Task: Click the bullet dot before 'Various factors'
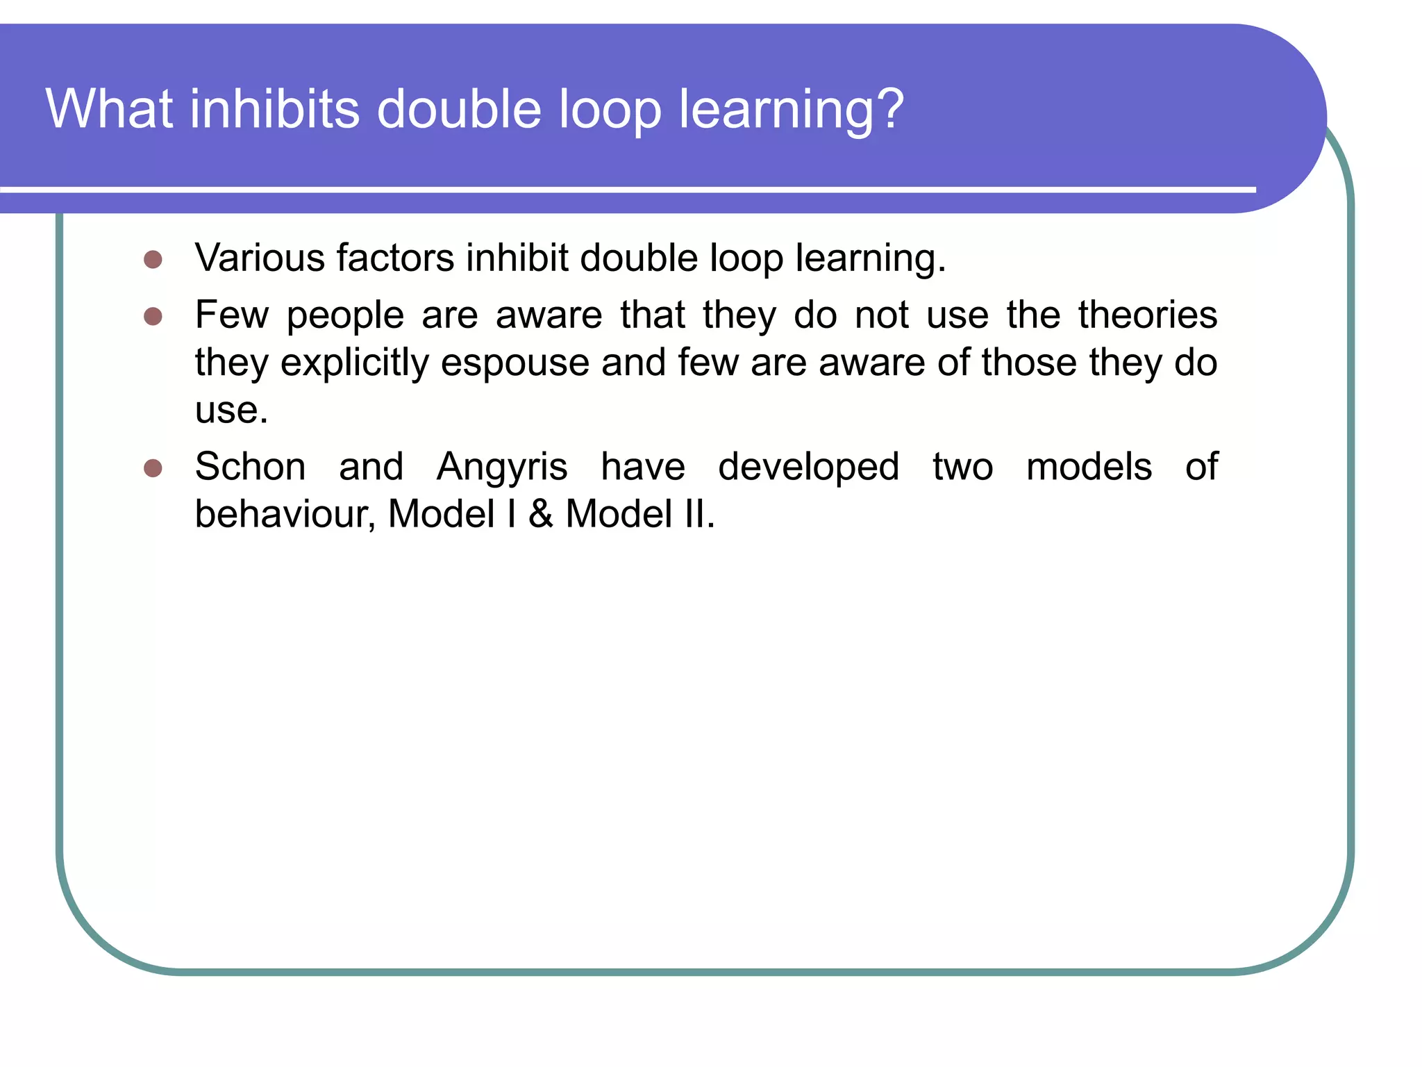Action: click(x=153, y=260)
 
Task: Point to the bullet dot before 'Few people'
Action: click(x=153, y=317)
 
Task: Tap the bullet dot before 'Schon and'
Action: click(x=153, y=468)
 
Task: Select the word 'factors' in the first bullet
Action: click(x=395, y=258)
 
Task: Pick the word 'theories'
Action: click(x=1147, y=315)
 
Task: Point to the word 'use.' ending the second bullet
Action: click(x=231, y=410)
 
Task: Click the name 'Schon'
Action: click(x=250, y=466)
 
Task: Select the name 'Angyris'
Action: click(x=502, y=468)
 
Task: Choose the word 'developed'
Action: click(x=809, y=468)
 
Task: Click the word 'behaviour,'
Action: click(x=285, y=514)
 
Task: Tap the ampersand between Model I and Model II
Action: click(x=541, y=514)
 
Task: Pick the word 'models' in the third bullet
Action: click(x=1089, y=466)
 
